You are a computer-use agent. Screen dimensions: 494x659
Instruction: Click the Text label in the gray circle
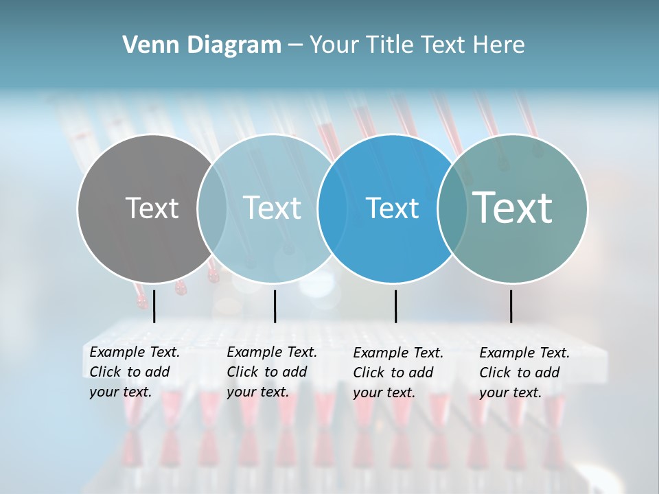click(x=152, y=208)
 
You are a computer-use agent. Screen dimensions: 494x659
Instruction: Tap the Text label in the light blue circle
click(x=272, y=208)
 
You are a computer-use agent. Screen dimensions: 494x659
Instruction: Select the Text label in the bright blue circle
click(x=392, y=208)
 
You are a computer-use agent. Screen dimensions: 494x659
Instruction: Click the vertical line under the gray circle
click(x=154, y=306)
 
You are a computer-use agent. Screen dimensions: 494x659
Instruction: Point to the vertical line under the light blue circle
click(x=275, y=306)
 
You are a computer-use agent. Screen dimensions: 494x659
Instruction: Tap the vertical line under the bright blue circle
click(x=395, y=306)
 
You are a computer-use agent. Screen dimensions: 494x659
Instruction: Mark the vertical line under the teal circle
click(x=511, y=306)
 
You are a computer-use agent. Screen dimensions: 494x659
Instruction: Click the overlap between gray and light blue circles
click(x=212, y=209)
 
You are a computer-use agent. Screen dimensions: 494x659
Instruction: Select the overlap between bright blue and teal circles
click(x=452, y=209)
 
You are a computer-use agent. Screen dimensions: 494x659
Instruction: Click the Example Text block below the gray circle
click(x=135, y=373)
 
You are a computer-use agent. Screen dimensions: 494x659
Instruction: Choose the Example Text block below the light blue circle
click(x=272, y=373)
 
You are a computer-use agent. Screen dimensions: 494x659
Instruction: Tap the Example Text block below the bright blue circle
click(x=398, y=373)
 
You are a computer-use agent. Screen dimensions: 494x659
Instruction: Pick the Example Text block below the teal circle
click(x=524, y=373)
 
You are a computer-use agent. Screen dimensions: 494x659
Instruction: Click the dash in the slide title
click(x=294, y=46)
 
